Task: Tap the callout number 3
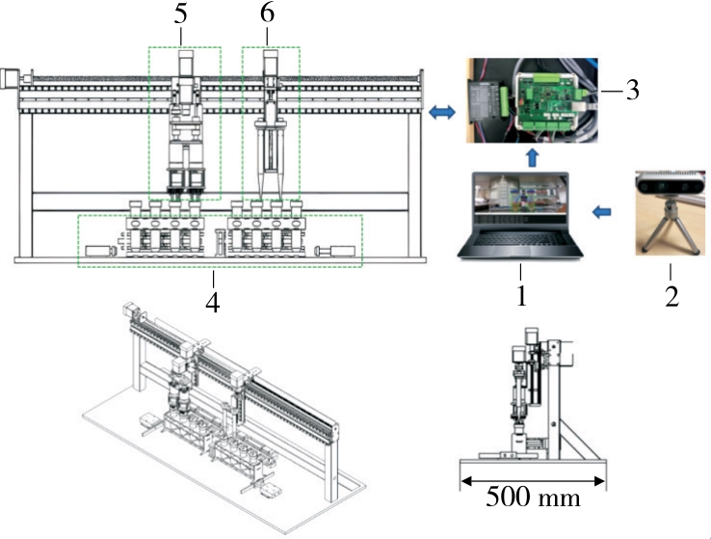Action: pos(631,92)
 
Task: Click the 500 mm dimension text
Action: pos(533,499)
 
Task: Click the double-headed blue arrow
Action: pos(442,113)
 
